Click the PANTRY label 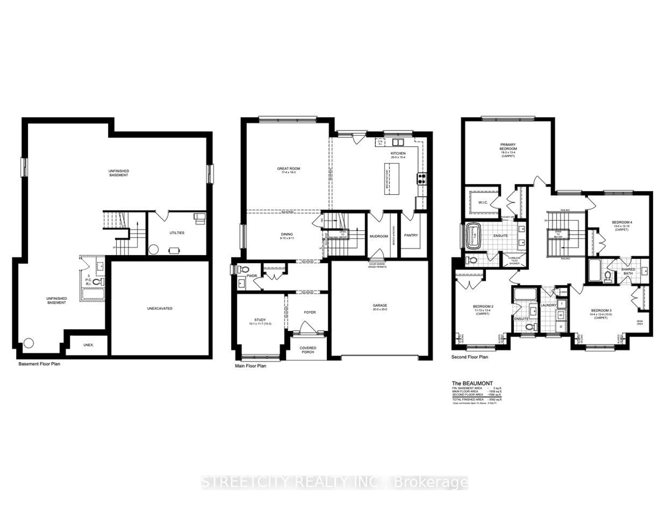(411, 235)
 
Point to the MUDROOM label (379, 236)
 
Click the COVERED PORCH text (308, 350)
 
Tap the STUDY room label (260, 320)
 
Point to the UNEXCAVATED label (160, 309)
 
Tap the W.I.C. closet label (483, 203)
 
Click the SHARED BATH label (628, 271)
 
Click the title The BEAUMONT (472, 383)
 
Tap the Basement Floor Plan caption (39, 364)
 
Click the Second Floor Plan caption (470, 357)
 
